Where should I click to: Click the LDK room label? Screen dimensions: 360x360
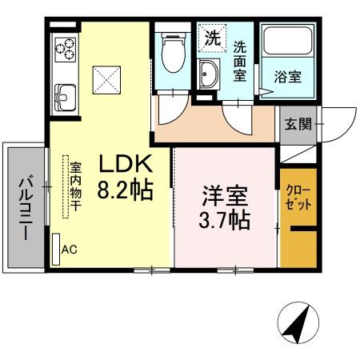(126, 164)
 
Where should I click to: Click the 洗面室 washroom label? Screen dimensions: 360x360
(240, 59)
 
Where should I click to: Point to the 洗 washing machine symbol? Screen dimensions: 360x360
(212, 37)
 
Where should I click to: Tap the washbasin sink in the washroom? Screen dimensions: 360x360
(210, 76)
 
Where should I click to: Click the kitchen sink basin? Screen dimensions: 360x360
(63, 100)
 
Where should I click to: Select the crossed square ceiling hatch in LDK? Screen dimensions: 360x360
(106, 78)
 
